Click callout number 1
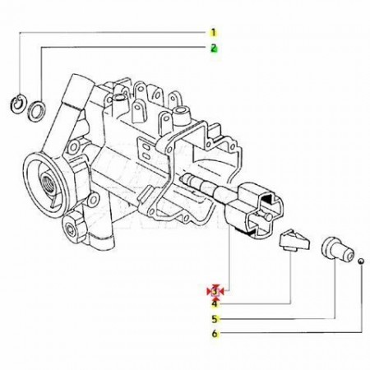click(214, 33)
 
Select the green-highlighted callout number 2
click(214, 48)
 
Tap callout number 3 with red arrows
click(215, 291)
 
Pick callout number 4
click(215, 304)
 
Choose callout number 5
click(215, 319)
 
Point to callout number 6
click(215, 334)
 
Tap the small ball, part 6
click(362, 261)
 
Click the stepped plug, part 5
click(337, 248)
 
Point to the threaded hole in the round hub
click(47, 183)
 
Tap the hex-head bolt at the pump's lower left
click(73, 225)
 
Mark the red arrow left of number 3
click(210, 292)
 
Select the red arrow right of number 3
click(221, 292)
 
